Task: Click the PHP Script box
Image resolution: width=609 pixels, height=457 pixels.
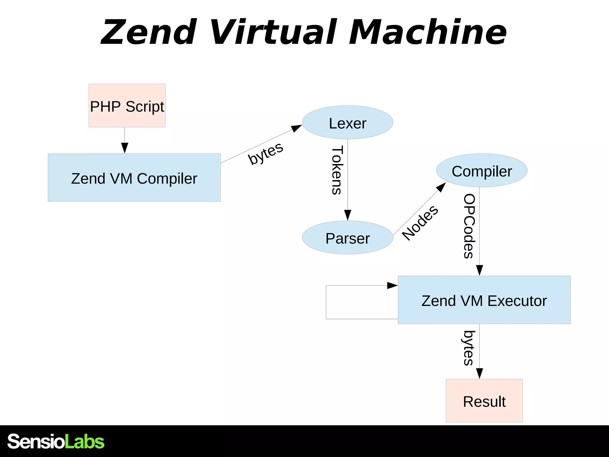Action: (x=127, y=106)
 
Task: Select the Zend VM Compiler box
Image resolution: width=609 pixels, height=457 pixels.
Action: (x=134, y=178)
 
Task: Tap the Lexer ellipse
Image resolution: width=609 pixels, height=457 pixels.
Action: (x=347, y=122)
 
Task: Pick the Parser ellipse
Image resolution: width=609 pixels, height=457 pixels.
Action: (x=347, y=237)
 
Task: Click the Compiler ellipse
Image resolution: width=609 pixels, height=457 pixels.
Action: (x=482, y=170)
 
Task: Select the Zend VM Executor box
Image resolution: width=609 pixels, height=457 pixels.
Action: (x=484, y=300)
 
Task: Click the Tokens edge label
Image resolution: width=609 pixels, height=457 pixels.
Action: (x=337, y=170)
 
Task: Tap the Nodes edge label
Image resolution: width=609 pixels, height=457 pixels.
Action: (x=420, y=223)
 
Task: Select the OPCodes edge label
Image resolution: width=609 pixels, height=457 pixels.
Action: (x=469, y=226)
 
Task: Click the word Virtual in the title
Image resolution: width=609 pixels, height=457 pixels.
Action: (x=274, y=32)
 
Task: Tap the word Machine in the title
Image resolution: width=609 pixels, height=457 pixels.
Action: (x=428, y=32)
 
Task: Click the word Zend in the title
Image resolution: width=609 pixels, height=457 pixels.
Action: (x=149, y=32)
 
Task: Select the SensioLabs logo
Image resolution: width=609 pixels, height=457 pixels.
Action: (x=56, y=441)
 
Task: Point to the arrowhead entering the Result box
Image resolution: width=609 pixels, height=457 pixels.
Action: (x=479, y=374)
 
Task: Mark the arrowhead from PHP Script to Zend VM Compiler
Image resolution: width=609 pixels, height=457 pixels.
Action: (x=125, y=148)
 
